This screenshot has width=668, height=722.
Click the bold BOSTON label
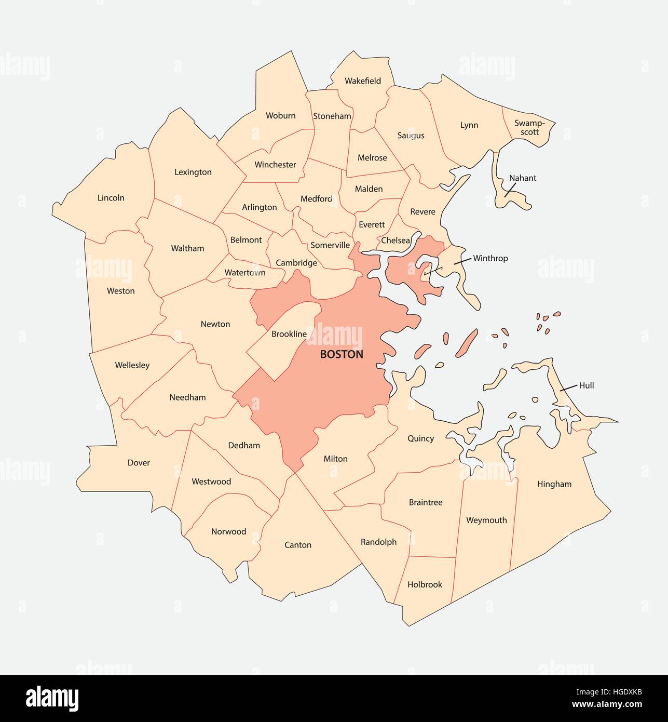coord(342,355)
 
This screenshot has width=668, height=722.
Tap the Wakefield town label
coord(363,81)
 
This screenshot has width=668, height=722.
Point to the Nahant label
coord(522,178)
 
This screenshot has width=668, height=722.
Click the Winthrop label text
coord(490,258)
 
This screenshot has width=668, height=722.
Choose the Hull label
coord(586,385)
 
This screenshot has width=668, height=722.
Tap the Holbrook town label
coord(425,584)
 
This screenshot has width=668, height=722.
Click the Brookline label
coord(289,334)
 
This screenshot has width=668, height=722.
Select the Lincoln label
coord(111,198)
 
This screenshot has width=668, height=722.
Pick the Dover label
coord(139,463)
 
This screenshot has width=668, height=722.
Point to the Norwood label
coord(228,531)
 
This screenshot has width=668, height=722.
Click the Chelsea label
coord(396,240)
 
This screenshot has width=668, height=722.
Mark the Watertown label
coord(245,273)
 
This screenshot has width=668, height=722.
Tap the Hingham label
coord(554,484)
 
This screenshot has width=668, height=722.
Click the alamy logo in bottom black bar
coord(51,698)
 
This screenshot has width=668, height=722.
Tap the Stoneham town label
coord(332,116)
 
